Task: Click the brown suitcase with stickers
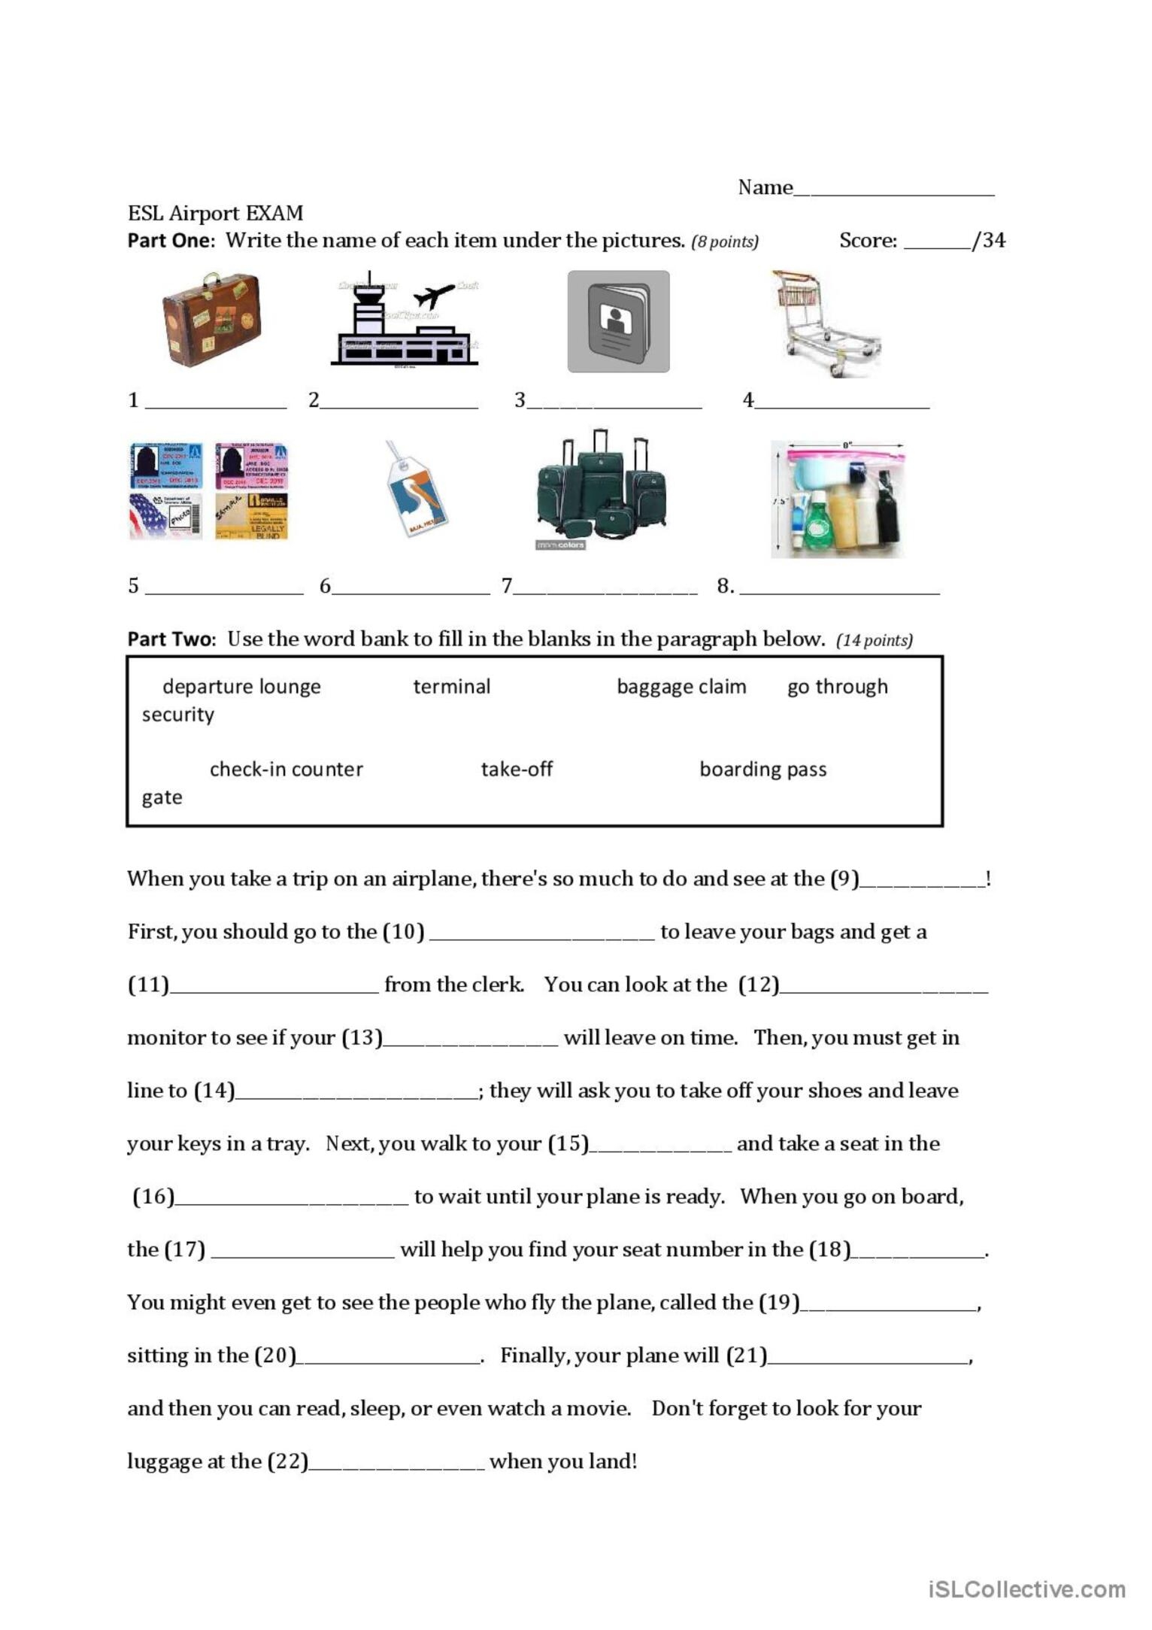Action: coord(212,319)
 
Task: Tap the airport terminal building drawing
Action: coord(405,319)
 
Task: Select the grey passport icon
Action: coord(618,321)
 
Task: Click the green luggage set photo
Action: coord(602,489)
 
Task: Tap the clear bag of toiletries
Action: coord(838,499)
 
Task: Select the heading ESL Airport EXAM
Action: coord(215,213)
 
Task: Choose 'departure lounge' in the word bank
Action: coord(241,686)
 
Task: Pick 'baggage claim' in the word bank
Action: coord(681,686)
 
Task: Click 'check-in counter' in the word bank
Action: coord(286,769)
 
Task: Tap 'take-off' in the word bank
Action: coord(517,769)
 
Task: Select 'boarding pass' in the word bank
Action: coord(762,769)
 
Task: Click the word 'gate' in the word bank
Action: coord(162,797)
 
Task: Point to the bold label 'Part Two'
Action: coord(171,639)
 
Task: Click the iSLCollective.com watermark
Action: coord(1026,1589)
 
